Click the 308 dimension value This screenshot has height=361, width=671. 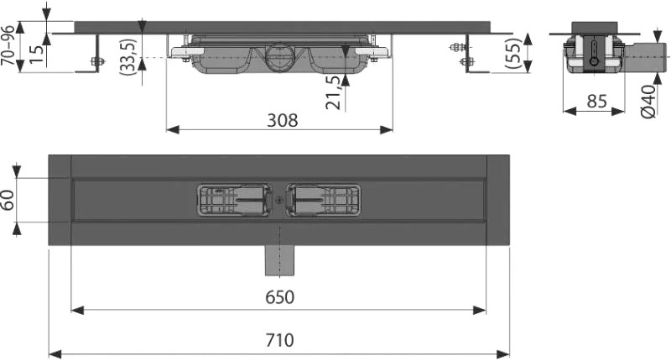[x=282, y=120]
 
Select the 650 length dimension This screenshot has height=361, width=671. [x=280, y=296]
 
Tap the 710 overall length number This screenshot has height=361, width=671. [x=280, y=340]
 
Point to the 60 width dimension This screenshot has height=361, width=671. [x=8, y=200]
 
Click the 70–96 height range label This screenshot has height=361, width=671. [x=8, y=46]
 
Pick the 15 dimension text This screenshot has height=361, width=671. [x=37, y=54]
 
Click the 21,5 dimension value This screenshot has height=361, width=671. [x=333, y=92]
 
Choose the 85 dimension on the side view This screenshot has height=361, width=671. [x=596, y=102]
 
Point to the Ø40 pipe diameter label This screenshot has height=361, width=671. [x=648, y=102]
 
